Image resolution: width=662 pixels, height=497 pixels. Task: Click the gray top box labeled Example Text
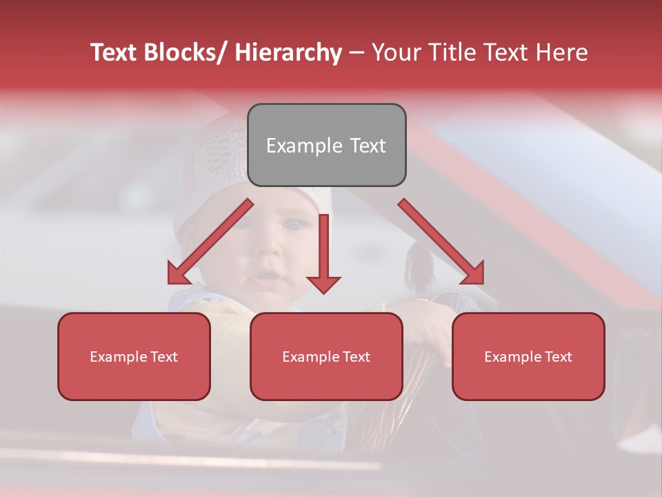pyautogui.click(x=326, y=145)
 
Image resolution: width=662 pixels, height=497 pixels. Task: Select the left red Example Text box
pyautogui.click(x=134, y=356)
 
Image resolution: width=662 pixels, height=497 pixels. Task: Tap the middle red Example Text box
pyautogui.click(x=326, y=356)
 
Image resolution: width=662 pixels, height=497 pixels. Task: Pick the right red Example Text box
pyautogui.click(x=528, y=356)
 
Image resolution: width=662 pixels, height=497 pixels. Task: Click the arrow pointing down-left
pyautogui.click(x=210, y=242)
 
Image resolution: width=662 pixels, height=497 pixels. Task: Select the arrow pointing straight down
pyautogui.click(x=323, y=252)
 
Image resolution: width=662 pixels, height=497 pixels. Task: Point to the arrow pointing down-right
pyautogui.click(x=441, y=242)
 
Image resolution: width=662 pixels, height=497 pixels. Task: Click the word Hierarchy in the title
pyautogui.click(x=288, y=52)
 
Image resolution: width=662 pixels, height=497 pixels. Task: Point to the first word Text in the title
pyautogui.click(x=114, y=52)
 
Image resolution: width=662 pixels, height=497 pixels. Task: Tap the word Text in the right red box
pyautogui.click(x=557, y=356)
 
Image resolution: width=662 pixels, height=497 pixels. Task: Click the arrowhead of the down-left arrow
pyautogui.click(x=178, y=275)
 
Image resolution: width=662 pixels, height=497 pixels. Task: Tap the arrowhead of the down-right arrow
pyautogui.click(x=473, y=274)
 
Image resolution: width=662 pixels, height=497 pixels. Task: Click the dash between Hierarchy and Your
pyautogui.click(x=357, y=52)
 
